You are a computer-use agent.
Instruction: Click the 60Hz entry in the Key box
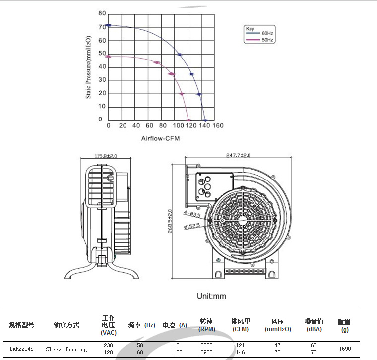pos(267,33)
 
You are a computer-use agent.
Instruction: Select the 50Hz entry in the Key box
pos(267,40)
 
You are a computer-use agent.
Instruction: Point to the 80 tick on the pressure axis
pos(102,13)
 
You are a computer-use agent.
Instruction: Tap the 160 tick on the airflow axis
pos(218,125)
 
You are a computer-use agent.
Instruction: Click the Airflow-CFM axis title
pos(160,138)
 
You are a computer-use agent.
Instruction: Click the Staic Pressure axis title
pos(88,67)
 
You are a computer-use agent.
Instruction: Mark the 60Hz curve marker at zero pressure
pos(205,120)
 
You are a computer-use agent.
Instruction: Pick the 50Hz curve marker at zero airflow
pos(108,57)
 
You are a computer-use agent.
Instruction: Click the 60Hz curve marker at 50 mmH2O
pos(180,55)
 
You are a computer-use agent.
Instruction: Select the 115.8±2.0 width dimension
pos(106,156)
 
